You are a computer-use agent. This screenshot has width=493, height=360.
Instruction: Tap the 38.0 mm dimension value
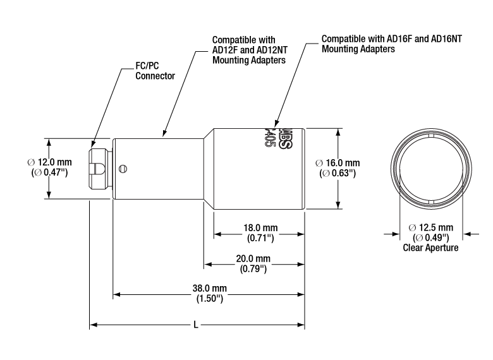point(209,289)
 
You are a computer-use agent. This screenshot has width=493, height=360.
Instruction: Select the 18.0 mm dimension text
point(259,227)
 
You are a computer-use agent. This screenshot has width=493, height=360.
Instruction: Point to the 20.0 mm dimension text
point(253,258)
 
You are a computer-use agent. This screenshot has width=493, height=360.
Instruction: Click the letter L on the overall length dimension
point(197,325)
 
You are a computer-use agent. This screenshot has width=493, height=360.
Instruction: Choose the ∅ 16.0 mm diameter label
point(338,162)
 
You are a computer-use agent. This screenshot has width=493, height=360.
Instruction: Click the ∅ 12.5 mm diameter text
point(430,227)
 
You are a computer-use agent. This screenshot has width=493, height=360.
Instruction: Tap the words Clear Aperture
point(430,248)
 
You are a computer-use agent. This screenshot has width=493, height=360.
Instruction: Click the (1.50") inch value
point(209,298)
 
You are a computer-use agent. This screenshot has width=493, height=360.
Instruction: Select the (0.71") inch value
point(259,237)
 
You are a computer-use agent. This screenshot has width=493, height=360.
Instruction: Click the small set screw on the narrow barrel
point(126,167)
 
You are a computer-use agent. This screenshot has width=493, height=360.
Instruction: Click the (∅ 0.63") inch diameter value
point(338,172)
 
